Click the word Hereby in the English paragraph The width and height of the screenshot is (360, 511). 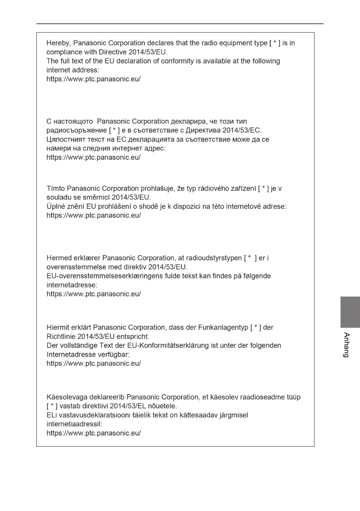(x=58, y=43)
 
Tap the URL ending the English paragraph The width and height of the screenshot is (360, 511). (x=94, y=79)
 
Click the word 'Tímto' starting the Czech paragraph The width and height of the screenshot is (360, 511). (x=56, y=189)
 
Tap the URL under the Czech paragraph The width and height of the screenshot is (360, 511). (x=94, y=216)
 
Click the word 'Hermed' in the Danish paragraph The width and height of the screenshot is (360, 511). (x=59, y=259)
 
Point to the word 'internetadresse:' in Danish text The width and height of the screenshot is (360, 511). (x=72, y=285)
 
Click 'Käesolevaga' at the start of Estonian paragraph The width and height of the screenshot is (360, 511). (x=67, y=397)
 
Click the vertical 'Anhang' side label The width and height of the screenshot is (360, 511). (x=346, y=345)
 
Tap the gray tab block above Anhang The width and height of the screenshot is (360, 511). (x=350, y=312)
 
